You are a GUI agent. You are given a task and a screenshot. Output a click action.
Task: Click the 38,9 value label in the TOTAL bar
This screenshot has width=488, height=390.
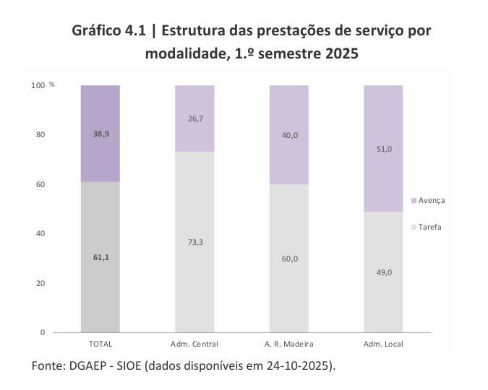(x=100, y=134)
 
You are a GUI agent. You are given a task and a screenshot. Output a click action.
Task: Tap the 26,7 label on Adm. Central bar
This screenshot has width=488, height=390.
(x=195, y=118)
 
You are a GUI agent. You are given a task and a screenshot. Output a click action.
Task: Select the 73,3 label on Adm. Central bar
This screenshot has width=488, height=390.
(x=195, y=241)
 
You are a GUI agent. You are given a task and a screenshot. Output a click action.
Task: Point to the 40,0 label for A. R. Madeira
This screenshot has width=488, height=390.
(x=289, y=134)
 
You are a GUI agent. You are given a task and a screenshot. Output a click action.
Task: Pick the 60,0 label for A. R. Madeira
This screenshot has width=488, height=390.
(x=289, y=258)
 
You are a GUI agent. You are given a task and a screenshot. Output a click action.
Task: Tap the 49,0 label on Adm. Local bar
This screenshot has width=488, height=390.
(x=383, y=272)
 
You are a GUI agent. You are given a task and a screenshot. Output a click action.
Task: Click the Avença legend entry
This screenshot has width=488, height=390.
(x=431, y=200)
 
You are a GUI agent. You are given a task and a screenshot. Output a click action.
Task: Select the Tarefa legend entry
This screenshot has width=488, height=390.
(x=429, y=227)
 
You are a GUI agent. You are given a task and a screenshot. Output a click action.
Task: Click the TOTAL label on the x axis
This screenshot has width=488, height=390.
(x=100, y=344)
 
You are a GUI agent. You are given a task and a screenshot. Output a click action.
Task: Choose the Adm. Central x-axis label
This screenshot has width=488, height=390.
(x=194, y=344)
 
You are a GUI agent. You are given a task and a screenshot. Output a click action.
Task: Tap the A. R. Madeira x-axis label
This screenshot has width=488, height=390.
(x=289, y=344)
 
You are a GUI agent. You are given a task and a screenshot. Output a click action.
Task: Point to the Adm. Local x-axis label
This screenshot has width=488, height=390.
(x=383, y=344)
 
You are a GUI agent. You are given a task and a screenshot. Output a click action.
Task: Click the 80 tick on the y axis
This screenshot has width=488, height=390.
(x=40, y=135)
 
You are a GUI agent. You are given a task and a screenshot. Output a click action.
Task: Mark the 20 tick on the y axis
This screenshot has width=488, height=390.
(x=40, y=283)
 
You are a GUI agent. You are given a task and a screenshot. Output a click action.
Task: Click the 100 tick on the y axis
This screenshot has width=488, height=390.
(x=38, y=86)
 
